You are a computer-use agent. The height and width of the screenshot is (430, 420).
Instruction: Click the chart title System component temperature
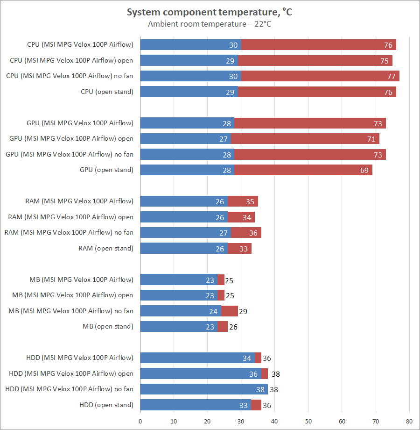[x=210, y=13]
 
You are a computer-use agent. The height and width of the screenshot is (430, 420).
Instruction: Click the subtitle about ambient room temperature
[x=210, y=24]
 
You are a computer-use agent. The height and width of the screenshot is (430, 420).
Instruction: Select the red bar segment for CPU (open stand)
[x=317, y=92]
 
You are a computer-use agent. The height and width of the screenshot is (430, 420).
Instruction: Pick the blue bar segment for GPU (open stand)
[x=187, y=170]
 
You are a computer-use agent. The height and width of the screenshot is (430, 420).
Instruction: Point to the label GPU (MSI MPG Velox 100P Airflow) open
[x=71, y=139]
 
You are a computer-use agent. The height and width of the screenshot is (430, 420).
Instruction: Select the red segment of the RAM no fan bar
[x=246, y=233]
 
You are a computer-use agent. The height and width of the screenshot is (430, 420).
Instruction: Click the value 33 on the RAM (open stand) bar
[x=244, y=249]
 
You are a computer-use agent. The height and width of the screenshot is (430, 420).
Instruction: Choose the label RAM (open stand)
[x=106, y=249]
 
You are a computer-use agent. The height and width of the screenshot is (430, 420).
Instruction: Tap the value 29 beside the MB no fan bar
[x=243, y=311]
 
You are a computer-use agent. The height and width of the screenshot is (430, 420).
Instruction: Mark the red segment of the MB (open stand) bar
[x=223, y=327]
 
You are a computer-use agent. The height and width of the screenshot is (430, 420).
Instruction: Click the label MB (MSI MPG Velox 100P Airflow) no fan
[x=71, y=311]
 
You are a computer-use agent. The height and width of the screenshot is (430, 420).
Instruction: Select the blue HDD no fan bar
[x=204, y=389]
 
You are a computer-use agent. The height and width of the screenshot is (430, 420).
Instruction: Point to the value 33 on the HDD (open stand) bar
[x=244, y=405]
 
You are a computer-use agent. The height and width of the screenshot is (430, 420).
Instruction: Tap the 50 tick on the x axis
[x=308, y=422]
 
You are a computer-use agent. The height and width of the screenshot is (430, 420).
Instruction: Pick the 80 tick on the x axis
[x=409, y=422]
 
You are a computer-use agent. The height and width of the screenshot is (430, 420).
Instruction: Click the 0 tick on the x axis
[x=140, y=422]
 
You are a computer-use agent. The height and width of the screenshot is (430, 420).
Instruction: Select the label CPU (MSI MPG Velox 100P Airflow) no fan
[x=70, y=76]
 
